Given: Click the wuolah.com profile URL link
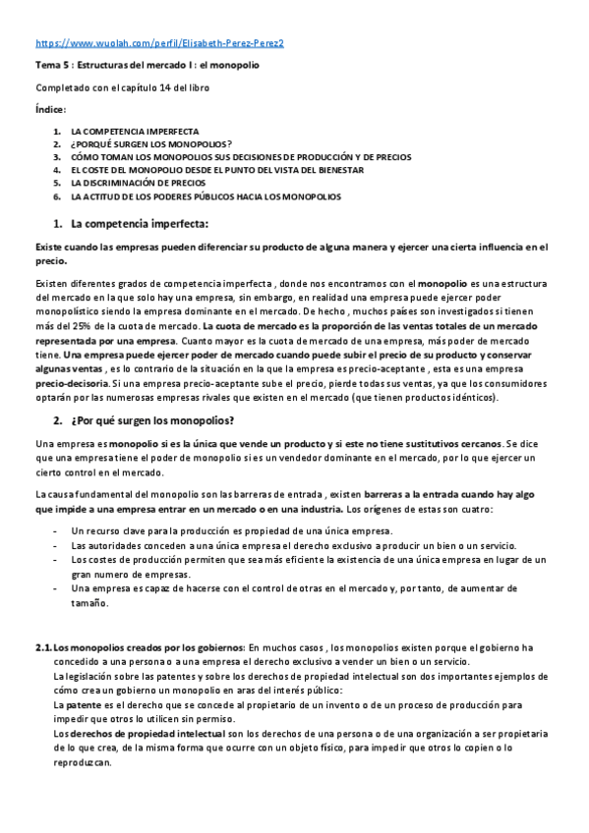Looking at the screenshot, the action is coord(159,44).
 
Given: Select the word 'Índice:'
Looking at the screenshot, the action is coord(51,109).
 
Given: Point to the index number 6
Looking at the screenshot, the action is coord(57,196).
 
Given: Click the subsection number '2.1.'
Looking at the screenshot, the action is coord(43,647).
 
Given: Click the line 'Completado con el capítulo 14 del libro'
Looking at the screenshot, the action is coord(121,88).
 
